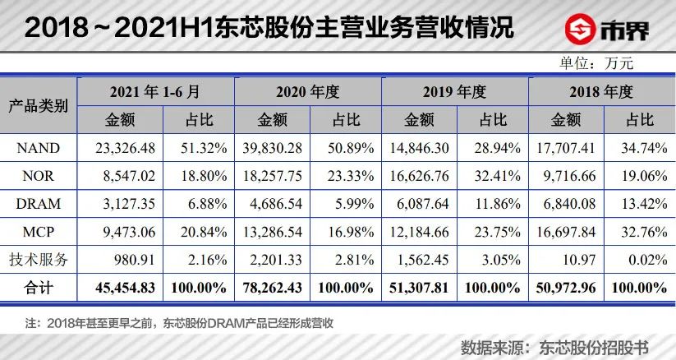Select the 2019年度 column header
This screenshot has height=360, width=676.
[456, 90]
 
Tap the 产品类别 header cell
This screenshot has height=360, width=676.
[39, 105]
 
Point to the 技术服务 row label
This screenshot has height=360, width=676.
[39, 261]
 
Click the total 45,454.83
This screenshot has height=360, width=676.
[119, 288]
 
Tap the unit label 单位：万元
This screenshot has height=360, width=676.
[597, 62]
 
